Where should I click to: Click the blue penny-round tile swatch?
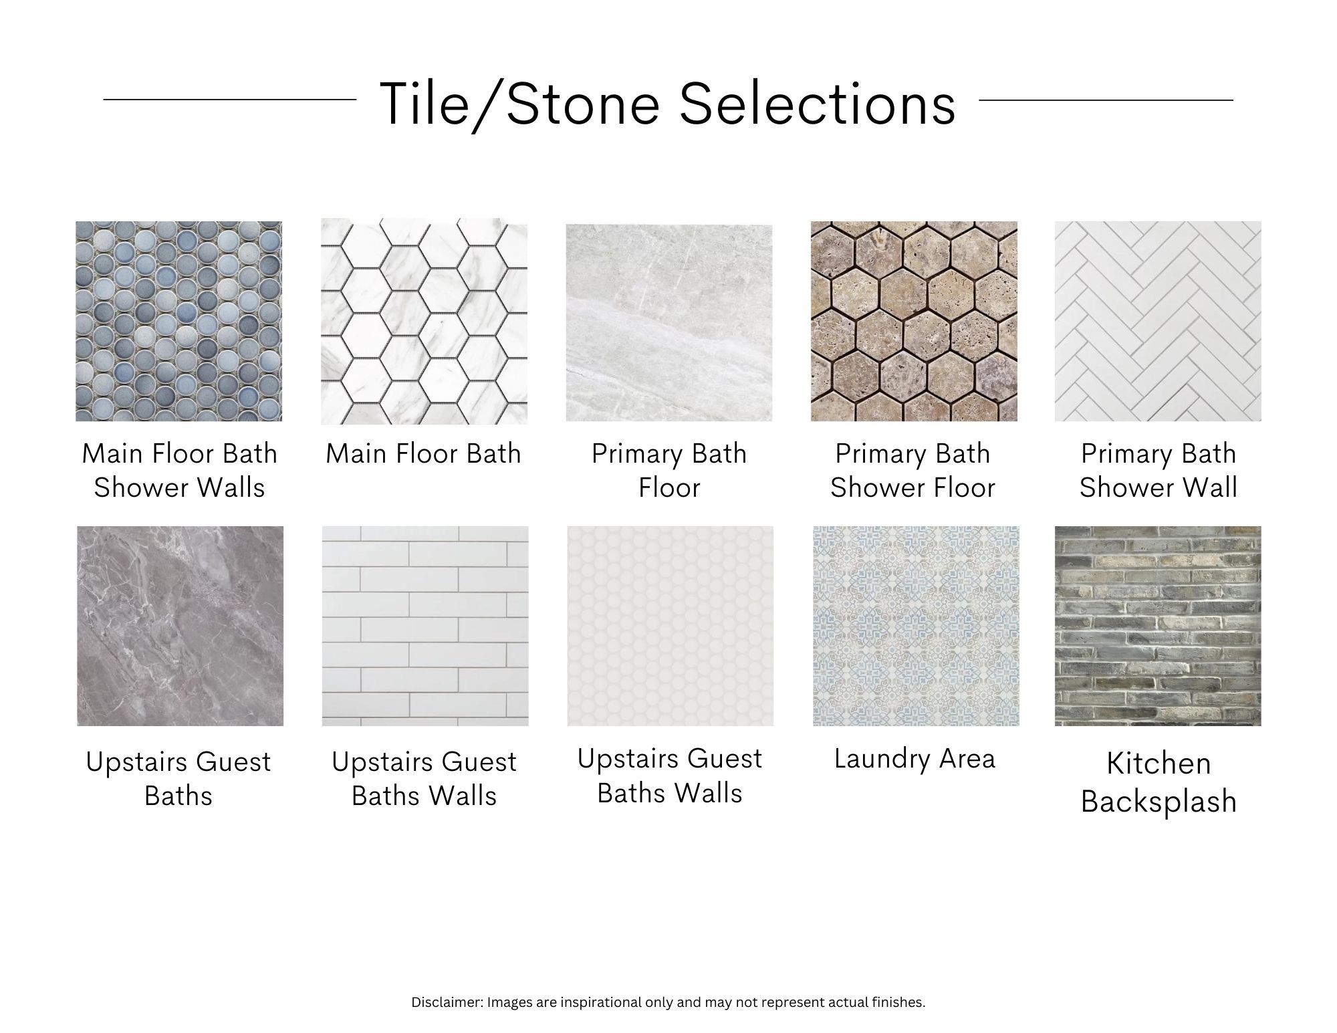tap(178, 321)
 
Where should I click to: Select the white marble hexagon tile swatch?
tap(424, 321)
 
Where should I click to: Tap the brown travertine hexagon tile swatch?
tap(914, 321)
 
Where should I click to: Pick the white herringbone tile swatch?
tap(1158, 321)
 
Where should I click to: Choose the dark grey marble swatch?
tap(180, 626)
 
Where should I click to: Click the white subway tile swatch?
tap(425, 626)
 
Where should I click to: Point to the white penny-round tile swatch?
tap(671, 626)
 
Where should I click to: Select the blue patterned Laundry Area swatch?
tap(916, 626)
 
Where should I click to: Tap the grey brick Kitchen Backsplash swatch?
tap(1158, 626)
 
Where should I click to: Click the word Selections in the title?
tap(818, 104)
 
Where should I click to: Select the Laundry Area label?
tap(915, 759)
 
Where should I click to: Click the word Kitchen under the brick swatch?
tap(1159, 763)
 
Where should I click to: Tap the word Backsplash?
tap(1159, 801)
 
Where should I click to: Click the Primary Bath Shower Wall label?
tap(1159, 471)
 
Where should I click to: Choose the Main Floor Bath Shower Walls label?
tap(179, 471)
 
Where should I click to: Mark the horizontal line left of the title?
tap(230, 100)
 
